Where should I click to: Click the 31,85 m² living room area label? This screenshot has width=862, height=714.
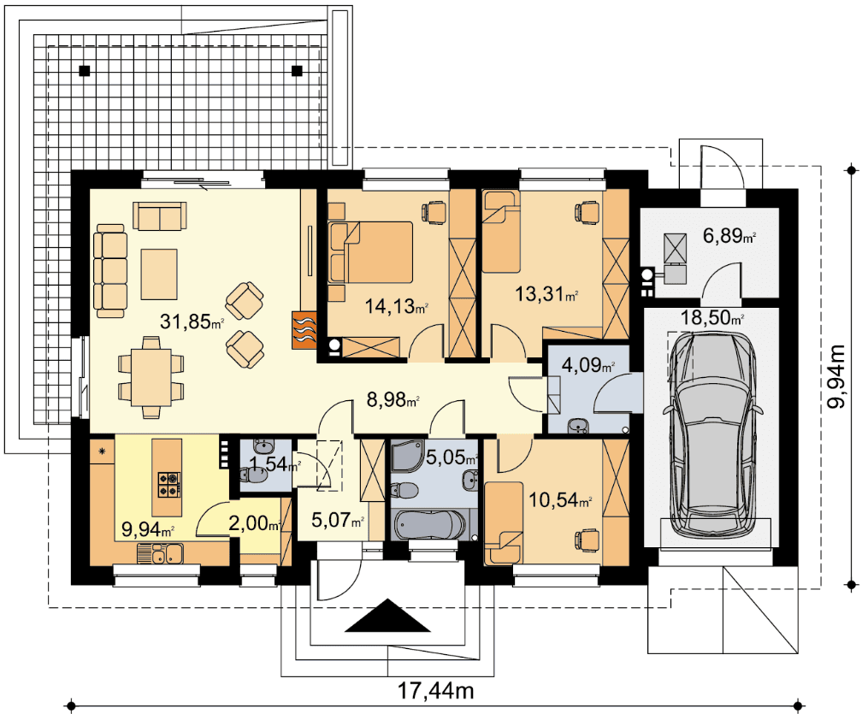coord(192,322)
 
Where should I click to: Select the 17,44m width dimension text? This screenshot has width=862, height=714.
coord(435,690)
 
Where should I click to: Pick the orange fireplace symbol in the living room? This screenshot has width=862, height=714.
coord(304,330)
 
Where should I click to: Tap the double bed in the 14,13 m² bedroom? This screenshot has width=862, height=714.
coord(370,252)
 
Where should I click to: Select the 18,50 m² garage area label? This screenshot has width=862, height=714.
coord(712,318)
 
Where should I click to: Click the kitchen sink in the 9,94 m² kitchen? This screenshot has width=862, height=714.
coord(160,552)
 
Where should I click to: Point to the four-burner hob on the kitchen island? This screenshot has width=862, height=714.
coord(168,484)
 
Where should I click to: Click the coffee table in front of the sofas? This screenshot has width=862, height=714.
coord(159,274)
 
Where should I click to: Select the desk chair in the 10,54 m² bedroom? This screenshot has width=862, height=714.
coord(587,538)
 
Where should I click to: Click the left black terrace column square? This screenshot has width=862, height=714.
coord(84,70)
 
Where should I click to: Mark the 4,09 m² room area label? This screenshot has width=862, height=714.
coord(587,364)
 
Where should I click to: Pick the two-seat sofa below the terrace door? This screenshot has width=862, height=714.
coord(160,216)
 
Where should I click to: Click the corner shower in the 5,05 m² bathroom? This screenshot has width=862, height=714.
coord(407,457)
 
